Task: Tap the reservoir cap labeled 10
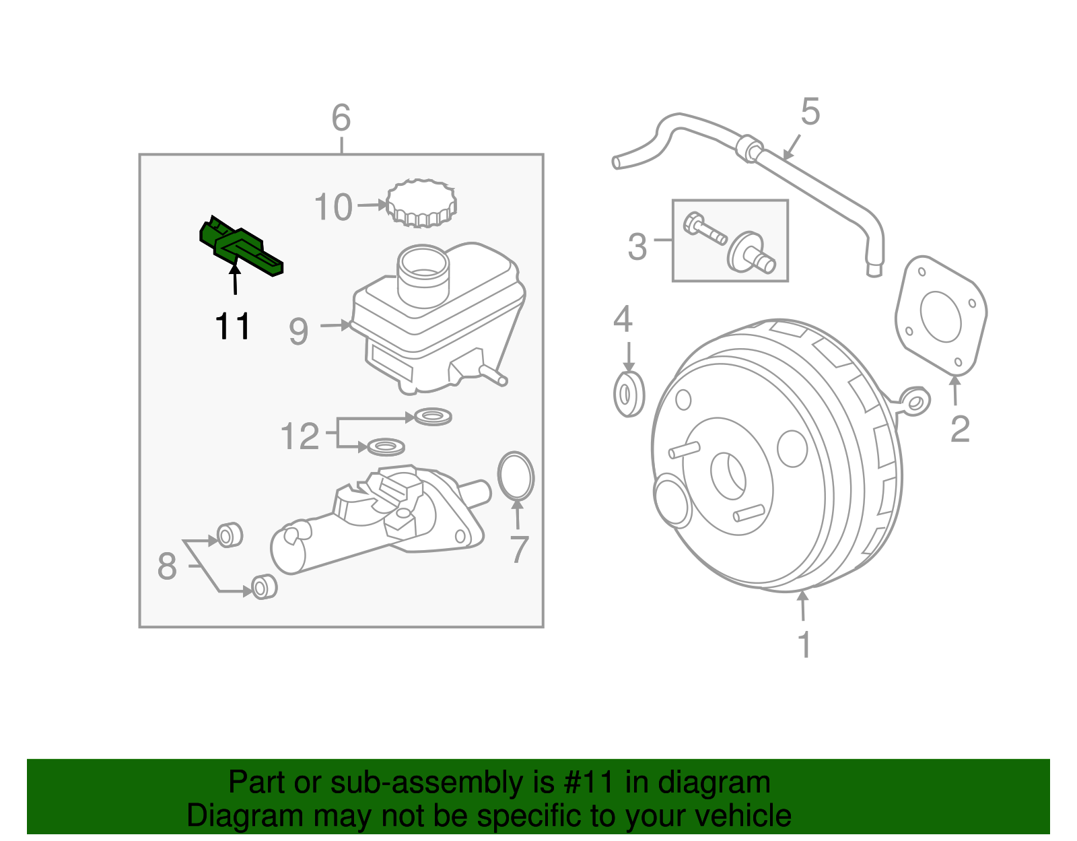(x=421, y=203)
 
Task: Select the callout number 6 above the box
(x=341, y=119)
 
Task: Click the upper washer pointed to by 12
(x=433, y=417)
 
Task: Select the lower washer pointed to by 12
(x=386, y=446)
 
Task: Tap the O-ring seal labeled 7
(x=516, y=476)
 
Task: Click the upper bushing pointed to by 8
(x=230, y=535)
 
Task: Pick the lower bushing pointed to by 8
(x=264, y=586)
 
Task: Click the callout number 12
(x=300, y=437)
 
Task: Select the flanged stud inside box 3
(x=750, y=253)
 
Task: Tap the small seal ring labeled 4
(x=629, y=394)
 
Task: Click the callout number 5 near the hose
(x=810, y=112)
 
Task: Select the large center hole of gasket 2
(x=940, y=316)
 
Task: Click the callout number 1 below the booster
(x=804, y=644)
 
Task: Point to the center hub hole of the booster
(x=728, y=476)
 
